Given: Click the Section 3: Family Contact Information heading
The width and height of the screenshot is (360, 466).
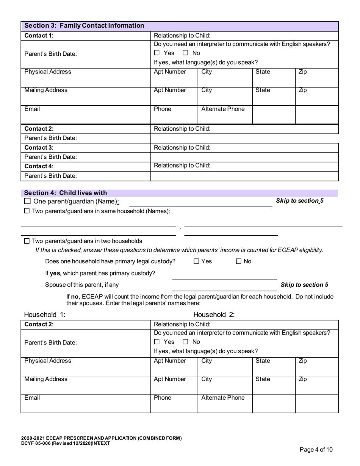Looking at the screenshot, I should tap(84, 26).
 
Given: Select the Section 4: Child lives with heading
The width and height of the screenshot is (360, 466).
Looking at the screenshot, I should tap(66, 193).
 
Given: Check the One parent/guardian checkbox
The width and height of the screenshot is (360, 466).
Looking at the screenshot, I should tap(27, 201).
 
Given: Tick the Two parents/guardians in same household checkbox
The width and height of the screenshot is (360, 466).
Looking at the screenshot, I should tap(27, 211).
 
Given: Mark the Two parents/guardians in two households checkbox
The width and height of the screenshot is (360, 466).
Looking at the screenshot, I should tap(27, 241).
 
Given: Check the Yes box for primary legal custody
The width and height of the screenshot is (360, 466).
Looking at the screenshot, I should tap(196, 261).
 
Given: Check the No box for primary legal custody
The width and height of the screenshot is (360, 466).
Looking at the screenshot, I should tap(239, 261).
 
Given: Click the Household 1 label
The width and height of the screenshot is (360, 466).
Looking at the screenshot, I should tap(45, 314).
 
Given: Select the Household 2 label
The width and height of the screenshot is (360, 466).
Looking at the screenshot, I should tap(214, 314).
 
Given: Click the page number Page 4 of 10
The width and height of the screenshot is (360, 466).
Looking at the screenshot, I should tap(316, 450).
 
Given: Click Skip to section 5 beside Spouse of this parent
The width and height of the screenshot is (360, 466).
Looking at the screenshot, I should tap(304, 285).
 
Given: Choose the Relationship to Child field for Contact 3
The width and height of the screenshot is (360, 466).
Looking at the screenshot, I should tap(244, 148).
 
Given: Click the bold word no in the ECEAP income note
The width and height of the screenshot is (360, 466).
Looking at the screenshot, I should tap(75, 296).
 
